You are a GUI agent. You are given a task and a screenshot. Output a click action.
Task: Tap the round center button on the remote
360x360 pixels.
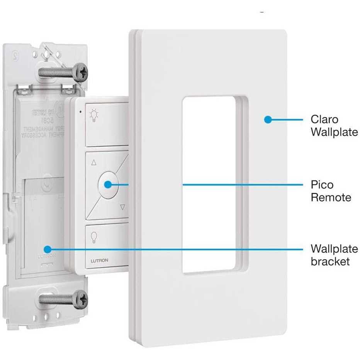[108, 184]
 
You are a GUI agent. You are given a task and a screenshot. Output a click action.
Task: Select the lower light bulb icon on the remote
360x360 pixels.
[93, 236]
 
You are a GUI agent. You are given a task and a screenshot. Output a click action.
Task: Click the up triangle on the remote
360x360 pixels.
[93, 163]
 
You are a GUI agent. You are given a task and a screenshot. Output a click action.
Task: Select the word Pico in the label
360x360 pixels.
[322, 185]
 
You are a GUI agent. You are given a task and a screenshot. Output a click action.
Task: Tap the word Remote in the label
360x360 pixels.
[331, 198]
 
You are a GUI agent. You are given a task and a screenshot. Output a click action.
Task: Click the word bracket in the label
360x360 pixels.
[330, 262]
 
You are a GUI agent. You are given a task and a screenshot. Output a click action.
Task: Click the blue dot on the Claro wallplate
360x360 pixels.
[267, 120]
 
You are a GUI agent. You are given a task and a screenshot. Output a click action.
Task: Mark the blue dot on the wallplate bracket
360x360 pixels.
[47, 249]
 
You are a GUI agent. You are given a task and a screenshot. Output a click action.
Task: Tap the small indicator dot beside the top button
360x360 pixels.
[80, 112]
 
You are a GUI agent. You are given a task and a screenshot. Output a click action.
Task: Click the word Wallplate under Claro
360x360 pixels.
[334, 132]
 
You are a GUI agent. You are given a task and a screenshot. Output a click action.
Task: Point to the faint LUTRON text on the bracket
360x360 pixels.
[46, 256]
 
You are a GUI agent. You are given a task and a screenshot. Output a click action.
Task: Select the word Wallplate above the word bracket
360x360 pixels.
[334, 249]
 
